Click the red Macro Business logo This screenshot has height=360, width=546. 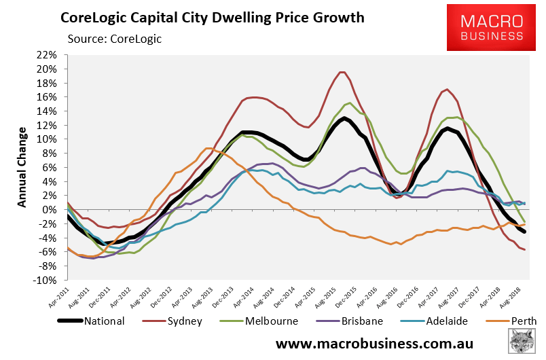click(x=492, y=27)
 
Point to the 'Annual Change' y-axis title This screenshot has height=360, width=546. click(x=22, y=166)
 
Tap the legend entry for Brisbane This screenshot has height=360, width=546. click(x=342, y=321)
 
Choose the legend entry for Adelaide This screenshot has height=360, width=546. click(x=424, y=321)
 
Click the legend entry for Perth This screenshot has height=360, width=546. click(x=498, y=321)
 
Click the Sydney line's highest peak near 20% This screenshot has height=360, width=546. click(x=342, y=72)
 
